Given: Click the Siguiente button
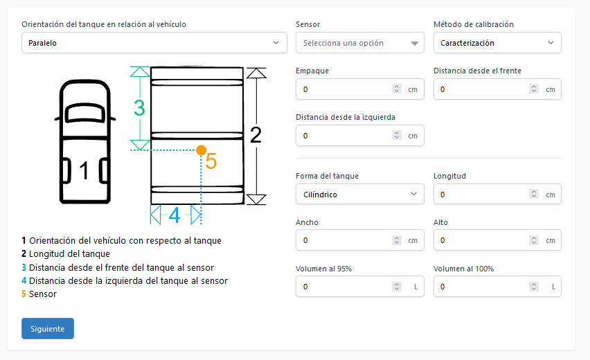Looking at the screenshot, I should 48,329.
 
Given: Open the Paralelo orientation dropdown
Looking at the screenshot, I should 154,43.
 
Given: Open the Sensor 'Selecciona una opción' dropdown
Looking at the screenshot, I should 359,43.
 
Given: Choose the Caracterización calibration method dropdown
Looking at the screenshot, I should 497,43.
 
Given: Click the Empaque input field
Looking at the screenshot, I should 343,89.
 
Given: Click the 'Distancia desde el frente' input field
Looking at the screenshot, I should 481,89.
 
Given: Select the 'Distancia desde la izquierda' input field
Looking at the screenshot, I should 343,136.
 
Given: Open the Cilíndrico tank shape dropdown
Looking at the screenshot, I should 359,195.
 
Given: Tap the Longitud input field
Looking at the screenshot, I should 481,195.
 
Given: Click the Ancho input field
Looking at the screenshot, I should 343,240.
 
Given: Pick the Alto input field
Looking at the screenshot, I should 481,240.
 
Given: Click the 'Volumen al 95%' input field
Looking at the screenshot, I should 343,287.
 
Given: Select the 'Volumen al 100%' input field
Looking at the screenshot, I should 481,287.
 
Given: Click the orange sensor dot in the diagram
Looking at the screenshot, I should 201,150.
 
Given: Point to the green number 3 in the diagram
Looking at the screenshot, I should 139,108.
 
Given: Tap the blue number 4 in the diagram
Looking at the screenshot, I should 175,215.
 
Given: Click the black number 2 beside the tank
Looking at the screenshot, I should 256,136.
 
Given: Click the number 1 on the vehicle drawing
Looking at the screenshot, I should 84,171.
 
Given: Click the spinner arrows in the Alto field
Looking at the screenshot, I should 535,240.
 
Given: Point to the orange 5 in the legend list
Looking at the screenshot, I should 24,294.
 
